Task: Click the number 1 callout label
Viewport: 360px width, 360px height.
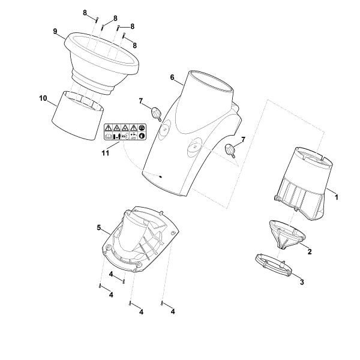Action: coord(336,196)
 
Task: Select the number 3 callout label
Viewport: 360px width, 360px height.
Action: coord(301,281)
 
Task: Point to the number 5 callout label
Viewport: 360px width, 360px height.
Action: coord(98,227)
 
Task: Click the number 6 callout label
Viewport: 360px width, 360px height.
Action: coord(172,77)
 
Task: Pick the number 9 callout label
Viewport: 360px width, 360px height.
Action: coord(55,31)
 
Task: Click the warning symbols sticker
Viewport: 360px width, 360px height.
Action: coord(125,133)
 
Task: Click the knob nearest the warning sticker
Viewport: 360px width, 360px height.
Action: coord(157,112)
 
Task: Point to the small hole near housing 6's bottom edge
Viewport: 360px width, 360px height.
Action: coord(161,176)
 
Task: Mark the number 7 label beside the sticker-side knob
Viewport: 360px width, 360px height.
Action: coord(142,100)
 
